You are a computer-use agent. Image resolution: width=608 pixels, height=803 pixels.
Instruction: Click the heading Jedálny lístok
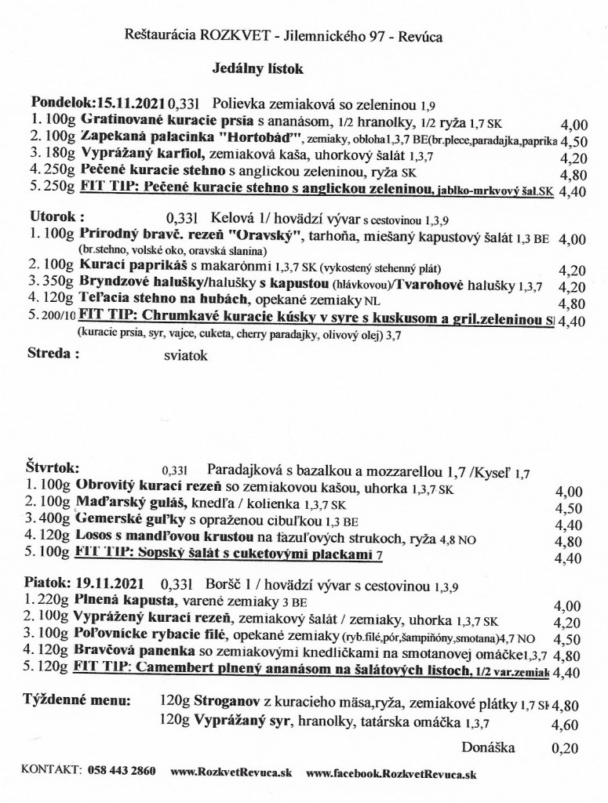pos(258,69)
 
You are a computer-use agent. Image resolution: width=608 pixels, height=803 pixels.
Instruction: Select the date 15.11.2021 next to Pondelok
pos(129,103)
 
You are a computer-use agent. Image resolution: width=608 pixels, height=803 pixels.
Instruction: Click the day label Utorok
pos(56,215)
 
